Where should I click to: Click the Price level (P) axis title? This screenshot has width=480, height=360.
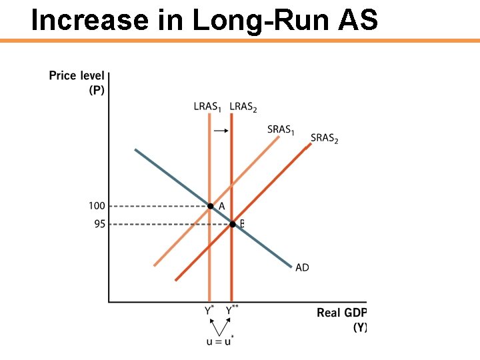coord(77,83)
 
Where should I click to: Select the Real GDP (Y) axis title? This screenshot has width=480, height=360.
coord(342,319)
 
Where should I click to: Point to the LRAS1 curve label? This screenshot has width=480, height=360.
coord(207,107)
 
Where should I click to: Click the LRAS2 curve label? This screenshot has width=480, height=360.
coord(243,107)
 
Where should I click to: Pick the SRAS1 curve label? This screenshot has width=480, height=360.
coord(281,129)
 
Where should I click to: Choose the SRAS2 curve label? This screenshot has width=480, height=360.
coord(325,139)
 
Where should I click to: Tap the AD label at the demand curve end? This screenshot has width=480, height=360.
coord(302,267)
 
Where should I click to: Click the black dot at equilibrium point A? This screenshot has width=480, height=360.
coord(210,207)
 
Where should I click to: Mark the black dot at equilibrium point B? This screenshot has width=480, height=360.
coord(232,224)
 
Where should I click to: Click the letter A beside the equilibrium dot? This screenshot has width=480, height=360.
coord(221,207)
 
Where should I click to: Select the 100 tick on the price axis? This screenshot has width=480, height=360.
coord(97,206)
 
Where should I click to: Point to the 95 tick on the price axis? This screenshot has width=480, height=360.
coord(99,224)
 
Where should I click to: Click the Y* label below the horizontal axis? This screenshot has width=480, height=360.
coord(209,310)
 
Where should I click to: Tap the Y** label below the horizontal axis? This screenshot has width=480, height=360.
coord(232,310)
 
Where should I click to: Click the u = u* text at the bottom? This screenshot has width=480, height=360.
coord(219,341)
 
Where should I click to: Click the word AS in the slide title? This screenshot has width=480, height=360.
coord(357,20)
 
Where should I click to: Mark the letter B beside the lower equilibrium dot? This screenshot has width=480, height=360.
coord(242,224)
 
